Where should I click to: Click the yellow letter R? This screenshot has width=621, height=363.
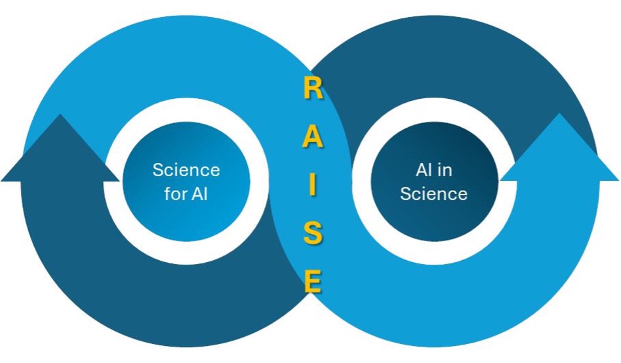[x=313, y=89]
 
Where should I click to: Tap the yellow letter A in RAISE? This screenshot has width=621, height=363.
[x=313, y=138]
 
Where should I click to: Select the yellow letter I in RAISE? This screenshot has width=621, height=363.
[x=313, y=186]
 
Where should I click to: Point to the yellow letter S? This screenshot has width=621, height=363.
[x=313, y=233]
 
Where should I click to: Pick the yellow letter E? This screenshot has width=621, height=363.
[x=313, y=282]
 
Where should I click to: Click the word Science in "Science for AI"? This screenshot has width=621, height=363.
[x=186, y=170]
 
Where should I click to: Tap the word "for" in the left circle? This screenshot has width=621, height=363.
[x=176, y=194]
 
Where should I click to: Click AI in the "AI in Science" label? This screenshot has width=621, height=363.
[x=424, y=170]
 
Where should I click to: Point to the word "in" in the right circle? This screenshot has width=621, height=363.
[x=445, y=170]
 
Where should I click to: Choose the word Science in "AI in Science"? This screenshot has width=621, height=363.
[x=433, y=194]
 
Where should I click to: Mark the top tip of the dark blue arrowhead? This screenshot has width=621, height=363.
[x=60, y=115]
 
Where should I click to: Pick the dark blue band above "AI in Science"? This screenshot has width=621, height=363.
[x=433, y=59]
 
